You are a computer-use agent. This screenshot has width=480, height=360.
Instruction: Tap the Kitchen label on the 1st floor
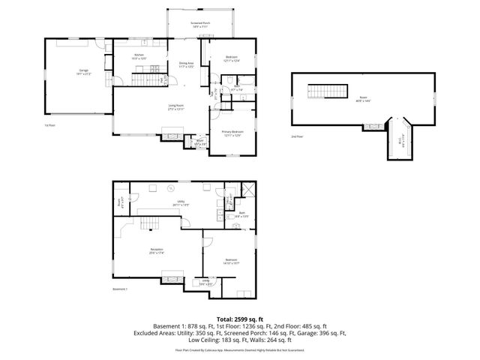(x=139, y=56)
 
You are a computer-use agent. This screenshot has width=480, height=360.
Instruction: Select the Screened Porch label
(x=199, y=25)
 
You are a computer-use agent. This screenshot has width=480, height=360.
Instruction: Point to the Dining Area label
(x=186, y=64)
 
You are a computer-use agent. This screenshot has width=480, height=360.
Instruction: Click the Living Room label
(x=175, y=107)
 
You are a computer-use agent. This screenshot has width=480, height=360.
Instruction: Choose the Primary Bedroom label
(x=231, y=133)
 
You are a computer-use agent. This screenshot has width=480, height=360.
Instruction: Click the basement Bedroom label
(x=231, y=261)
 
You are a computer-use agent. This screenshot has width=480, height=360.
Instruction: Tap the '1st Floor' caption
(x=49, y=125)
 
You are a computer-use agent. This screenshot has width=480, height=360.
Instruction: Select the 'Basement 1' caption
(x=121, y=289)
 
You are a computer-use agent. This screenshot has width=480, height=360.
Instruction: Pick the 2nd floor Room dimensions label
(x=362, y=100)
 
